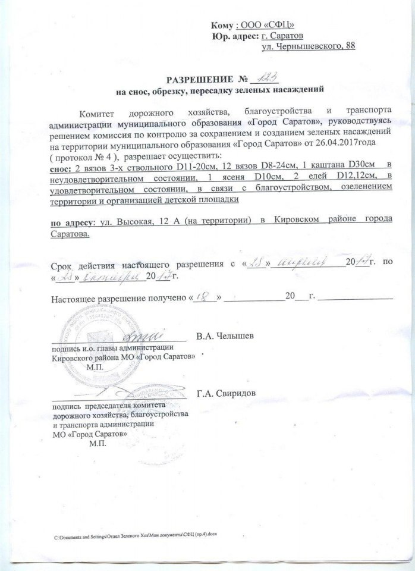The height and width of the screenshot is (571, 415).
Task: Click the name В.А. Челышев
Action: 227,336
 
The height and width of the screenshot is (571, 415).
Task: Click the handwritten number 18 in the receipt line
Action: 206,296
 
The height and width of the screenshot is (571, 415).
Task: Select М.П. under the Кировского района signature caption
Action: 95,367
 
